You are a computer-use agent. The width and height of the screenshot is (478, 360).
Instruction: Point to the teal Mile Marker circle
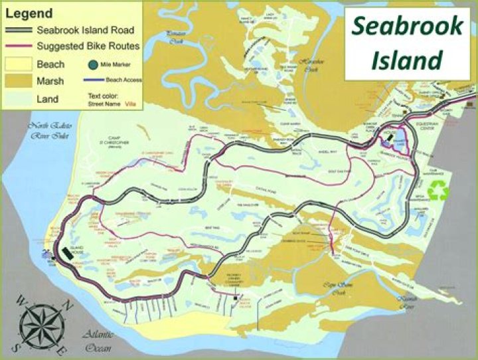92,64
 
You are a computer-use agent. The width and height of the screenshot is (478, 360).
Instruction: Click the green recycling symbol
438,191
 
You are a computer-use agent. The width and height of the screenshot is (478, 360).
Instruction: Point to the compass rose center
42,327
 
